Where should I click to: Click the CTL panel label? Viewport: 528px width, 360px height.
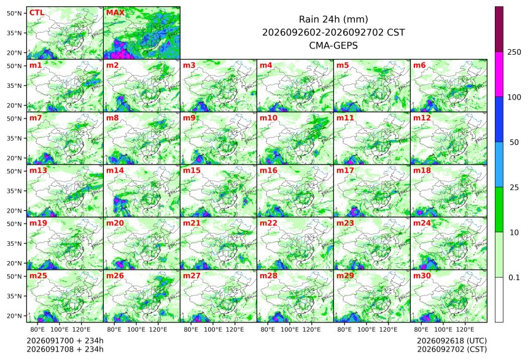coord(37,13)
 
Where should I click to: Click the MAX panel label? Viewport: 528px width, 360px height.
coord(115,13)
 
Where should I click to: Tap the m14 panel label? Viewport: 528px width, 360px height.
coord(115,171)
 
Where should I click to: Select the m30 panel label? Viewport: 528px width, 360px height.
coord(422,276)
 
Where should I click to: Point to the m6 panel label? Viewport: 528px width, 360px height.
coord(419,65)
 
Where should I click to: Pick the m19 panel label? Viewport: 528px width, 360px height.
coord(38,223)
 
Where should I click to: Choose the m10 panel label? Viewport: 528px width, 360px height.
coord(268,118)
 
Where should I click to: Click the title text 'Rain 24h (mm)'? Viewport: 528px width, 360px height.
coord(333,19)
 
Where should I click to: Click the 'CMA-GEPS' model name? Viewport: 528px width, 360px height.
coord(333,45)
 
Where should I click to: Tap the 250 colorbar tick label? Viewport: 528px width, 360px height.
coord(514,52)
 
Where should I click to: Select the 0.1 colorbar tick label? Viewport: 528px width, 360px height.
coord(514,278)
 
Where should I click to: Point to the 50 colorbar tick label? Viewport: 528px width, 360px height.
coord(514,143)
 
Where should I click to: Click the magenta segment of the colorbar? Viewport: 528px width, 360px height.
coord(499,74)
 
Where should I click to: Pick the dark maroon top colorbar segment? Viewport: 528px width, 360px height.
coord(499,29)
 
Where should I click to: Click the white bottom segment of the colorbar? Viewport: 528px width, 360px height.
coord(499,300)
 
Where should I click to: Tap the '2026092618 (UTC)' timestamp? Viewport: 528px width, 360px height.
coord(452,341)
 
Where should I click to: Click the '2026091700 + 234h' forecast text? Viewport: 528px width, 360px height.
coord(65,341)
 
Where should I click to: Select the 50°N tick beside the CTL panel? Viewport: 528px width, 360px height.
coord(14,13)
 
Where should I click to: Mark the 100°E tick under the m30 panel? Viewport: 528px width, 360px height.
coord(443,329)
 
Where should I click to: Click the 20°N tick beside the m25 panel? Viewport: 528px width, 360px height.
coord(14,316)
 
